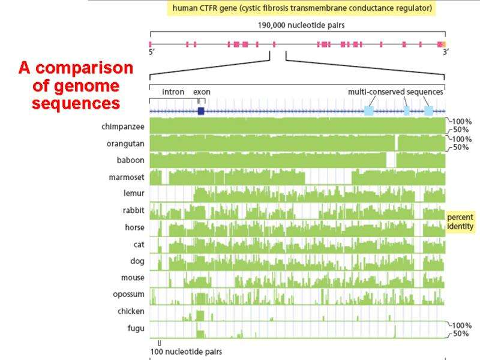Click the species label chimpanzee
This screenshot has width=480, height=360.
click(x=123, y=127)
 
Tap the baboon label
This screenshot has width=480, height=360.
click(x=130, y=160)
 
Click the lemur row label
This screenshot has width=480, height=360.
click(x=133, y=194)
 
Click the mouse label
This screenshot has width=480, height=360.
click(x=133, y=278)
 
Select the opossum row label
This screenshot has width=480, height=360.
click(x=128, y=294)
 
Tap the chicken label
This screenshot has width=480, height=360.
click(x=131, y=311)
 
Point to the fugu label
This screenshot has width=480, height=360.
click(x=135, y=328)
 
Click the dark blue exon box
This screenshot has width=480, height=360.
click(x=200, y=111)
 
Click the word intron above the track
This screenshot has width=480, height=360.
click(x=173, y=92)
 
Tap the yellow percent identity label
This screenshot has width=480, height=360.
click(x=460, y=221)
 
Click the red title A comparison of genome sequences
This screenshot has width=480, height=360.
click(x=76, y=85)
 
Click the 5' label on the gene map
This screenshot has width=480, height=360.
click(x=152, y=53)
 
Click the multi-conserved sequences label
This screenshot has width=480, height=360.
click(x=395, y=92)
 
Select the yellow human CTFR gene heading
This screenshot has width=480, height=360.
click(x=301, y=8)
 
